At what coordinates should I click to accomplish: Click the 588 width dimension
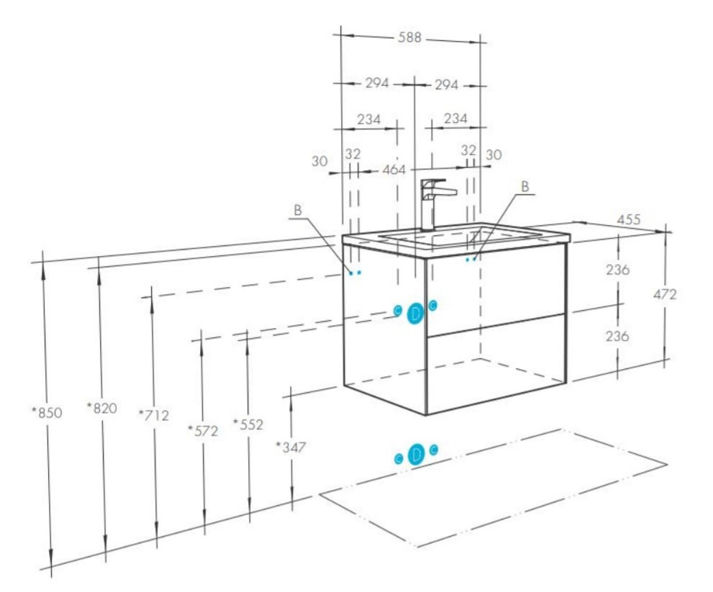[409, 37]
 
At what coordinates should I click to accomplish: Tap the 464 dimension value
[394, 170]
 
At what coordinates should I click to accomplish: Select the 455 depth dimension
[629, 219]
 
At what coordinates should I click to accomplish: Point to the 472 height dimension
[665, 294]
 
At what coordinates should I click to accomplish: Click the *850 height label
[47, 413]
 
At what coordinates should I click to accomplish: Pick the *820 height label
[102, 408]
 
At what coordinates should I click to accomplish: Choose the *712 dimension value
[154, 415]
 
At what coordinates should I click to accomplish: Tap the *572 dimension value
[204, 431]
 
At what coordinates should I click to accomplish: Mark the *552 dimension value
[248, 424]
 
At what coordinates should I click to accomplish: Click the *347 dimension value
[291, 447]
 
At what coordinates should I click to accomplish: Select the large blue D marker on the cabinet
[415, 314]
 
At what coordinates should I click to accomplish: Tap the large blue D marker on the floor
[416, 454]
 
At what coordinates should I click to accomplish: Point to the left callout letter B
[298, 210]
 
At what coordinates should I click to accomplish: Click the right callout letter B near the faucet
[525, 186]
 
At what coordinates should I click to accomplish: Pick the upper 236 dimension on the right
[618, 270]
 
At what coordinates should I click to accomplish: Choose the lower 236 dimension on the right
[617, 336]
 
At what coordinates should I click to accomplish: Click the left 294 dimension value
[378, 83]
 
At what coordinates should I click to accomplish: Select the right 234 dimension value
[455, 119]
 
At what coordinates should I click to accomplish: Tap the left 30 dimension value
[319, 161]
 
